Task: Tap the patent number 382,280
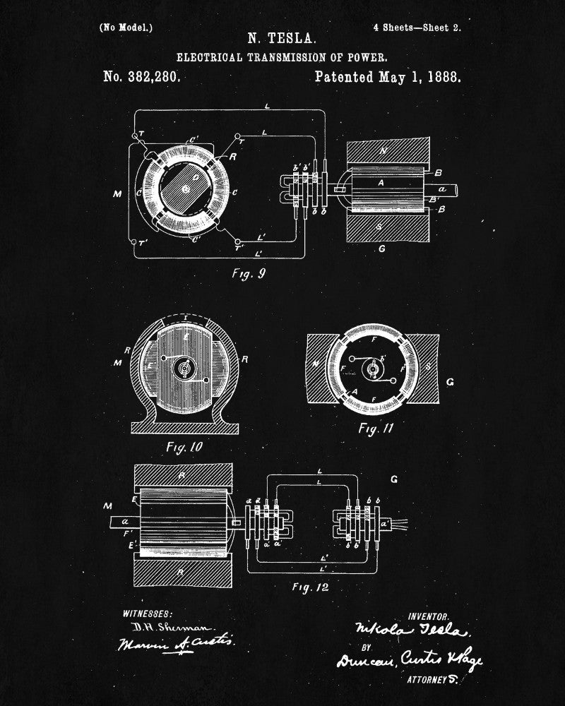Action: (x=141, y=77)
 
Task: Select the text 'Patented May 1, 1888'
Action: (x=388, y=77)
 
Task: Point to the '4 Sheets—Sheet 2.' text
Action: (x=417, y=28)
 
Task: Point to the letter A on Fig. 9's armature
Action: (x=381, y=182)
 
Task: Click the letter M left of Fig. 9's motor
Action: (x=117, y=193)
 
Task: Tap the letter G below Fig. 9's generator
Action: (x=382, y=249)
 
